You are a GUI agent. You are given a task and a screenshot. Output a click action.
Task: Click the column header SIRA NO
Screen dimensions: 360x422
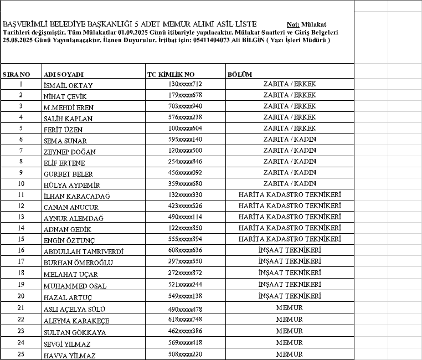pyautogui.click(x=16, y=74)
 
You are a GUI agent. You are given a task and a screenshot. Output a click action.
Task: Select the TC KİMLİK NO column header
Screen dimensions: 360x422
pyautogui.click(x=171, y=74)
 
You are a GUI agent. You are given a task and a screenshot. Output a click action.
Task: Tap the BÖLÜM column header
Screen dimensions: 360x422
pyautogui.click(x=240, y=74)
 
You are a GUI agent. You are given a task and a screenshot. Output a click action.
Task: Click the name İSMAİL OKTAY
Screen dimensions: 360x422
pyautogui.click(x=68, y=85)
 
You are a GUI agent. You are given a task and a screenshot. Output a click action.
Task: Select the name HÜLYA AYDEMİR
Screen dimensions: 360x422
pyautogui.click(x=71, y=185)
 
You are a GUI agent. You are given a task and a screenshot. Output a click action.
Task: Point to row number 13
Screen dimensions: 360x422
pyautogui.click(x=21, y=217)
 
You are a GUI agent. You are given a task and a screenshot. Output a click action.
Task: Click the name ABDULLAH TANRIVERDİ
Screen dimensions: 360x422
pyautogui.click(x=83, y=251)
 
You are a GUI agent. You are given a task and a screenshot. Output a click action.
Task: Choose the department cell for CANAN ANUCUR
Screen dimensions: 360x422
pyautogui.click(x=289, y=206)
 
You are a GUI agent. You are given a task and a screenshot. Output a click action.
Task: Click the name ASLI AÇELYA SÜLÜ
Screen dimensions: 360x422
pyautogui.click(x=74, y=308)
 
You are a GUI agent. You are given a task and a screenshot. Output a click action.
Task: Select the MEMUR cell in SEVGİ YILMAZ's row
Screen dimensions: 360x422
pyautogui.click(x=289, y=342)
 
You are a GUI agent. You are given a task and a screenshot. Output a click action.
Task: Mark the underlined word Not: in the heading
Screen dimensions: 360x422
pyautogui.click(x=294, y=25)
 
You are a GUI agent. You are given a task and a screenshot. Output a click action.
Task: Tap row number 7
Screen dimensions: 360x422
pyautogui.click(x=21, y=150)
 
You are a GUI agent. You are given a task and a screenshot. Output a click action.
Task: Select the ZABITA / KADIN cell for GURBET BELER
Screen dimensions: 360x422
pyautogui.click(x=289, y=172)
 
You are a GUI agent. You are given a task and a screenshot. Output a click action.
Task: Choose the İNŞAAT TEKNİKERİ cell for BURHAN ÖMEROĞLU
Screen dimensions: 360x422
pyautogui.click(x=289, y=261)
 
